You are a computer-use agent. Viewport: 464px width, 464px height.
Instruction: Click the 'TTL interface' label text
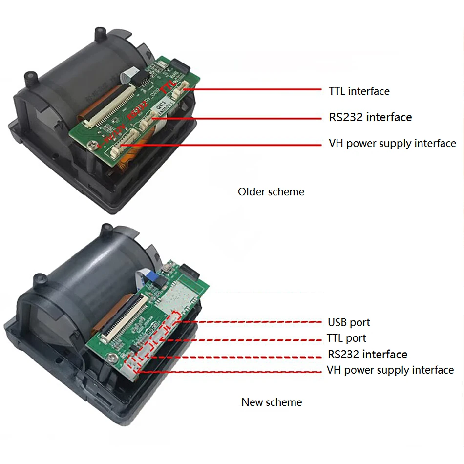click(359, 91)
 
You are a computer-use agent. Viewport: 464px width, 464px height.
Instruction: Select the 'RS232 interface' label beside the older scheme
click(370, 117)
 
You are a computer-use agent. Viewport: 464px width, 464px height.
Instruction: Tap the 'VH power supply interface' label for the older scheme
click(392, 144)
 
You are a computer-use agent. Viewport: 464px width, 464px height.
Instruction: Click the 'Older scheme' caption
click(271, 192)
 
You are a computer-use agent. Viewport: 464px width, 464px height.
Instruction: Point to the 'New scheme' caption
click(272, 402)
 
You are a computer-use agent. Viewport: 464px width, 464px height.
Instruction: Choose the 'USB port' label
click(349, 323)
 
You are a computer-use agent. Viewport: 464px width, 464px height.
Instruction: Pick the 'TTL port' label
click(346, 338)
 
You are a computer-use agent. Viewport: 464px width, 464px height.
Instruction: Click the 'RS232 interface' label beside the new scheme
click(367, 355)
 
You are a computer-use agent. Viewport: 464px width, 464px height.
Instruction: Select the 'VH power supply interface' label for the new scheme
click(390, 370)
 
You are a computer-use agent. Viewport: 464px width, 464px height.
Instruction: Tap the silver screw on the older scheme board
click(92, 143)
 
